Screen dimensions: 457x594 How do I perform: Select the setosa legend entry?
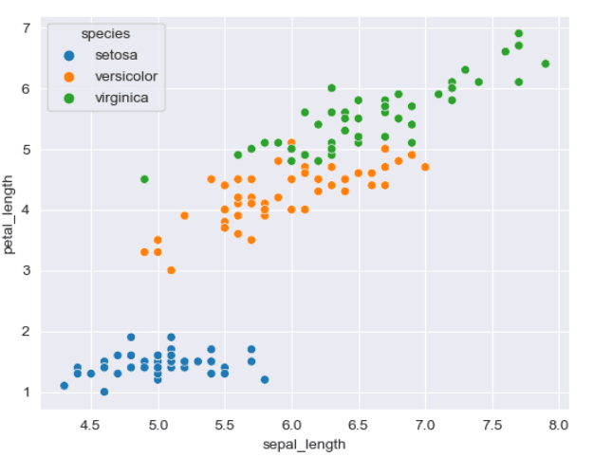tap(115, 55)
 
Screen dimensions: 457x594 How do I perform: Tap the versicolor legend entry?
tap(125, 76)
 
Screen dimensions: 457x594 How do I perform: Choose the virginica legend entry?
tap(121, 97)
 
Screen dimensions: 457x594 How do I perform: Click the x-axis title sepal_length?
tap(304, 443)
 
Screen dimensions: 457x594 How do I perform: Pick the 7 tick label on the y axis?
tap(28, 28)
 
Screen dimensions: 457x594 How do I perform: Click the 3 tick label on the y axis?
tap(28, 271)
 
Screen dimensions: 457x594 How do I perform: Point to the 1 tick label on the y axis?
tap(28, 393)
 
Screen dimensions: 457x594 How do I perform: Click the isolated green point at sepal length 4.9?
tap(144, 179)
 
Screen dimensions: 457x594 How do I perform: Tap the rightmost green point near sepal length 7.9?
tap(546, 64)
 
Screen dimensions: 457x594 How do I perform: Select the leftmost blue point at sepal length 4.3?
tap(65, 386)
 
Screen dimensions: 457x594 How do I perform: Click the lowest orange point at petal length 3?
tap(171, 270)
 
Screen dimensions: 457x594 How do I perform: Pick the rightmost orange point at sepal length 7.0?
tap(425, 167)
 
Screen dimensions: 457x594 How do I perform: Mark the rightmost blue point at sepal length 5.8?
tap(265, 379)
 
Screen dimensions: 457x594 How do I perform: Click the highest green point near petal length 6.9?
tap(519, 34)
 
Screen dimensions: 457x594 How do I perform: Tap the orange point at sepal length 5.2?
tap(184, 215)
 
